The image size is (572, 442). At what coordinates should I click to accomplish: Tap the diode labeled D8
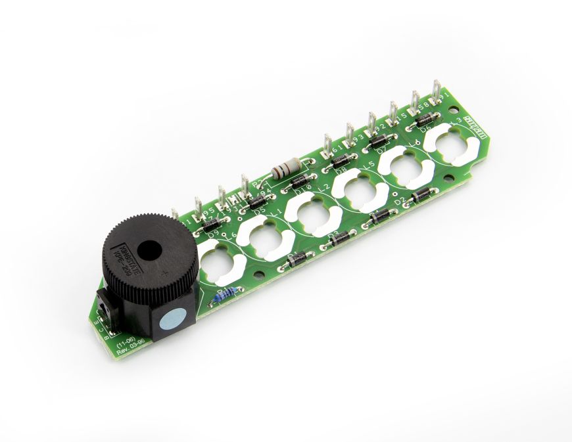click(x=341, y=158)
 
